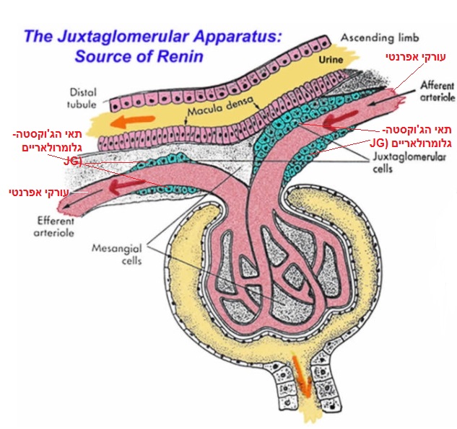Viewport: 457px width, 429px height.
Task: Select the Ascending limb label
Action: pos(375,37)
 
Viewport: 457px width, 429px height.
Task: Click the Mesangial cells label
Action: pos(114,253)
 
